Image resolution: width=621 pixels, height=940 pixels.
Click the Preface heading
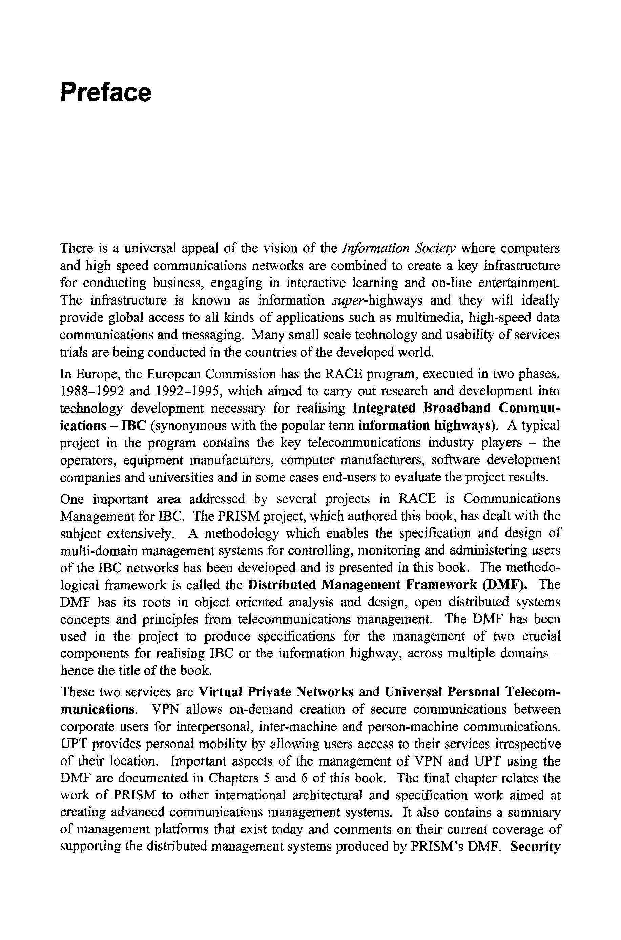pyautogui.click(x=105, y=92)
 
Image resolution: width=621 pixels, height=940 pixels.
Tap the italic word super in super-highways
pyautogui.click(x=347, y=300)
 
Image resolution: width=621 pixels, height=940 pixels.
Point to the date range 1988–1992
pyautogui.click(x=92, y=391)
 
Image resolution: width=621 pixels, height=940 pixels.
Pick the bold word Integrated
pyautogui.click(x=384, y=408)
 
